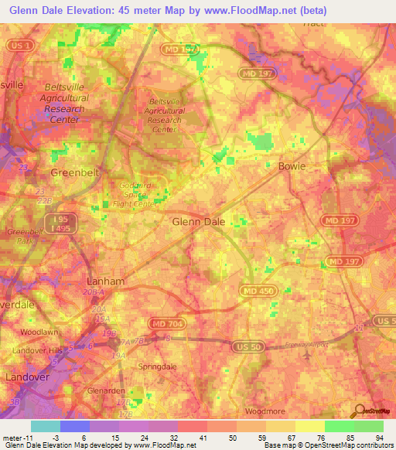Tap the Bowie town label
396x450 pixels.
tap(292, 166)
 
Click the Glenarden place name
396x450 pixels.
tap(104, 391)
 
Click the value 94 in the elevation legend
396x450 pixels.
tap(379, 438)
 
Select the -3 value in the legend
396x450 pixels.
tap(46, 438)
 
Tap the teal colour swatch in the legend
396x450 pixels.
tap(46, 426)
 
